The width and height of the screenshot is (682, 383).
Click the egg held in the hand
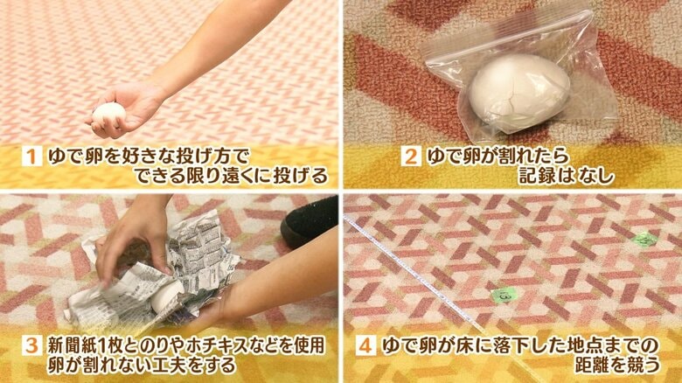[x=109, y=115]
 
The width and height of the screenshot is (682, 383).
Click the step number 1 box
[x=31, y=157]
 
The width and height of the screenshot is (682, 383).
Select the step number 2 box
[x=411, y=157]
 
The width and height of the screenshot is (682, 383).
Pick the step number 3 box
[x=31, y=346]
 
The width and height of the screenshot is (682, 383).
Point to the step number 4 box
[x=365, y=346]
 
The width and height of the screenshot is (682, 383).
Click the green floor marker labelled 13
[x=504, y=296]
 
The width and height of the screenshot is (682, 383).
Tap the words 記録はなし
[x=567, y=176]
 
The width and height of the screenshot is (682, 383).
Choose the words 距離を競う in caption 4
[x=617, y=366]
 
